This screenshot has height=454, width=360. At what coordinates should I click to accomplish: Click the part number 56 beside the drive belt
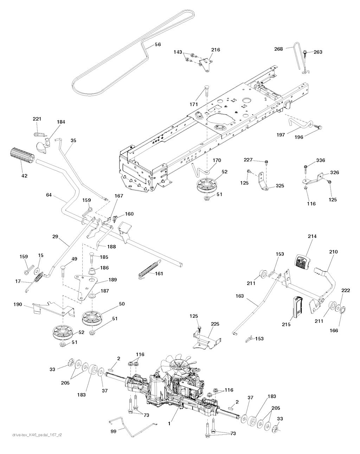[x=158, y=45]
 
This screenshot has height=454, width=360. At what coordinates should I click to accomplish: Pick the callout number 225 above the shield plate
[x=215, y=324]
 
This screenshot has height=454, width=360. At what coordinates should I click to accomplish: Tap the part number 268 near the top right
[x=278, y=49]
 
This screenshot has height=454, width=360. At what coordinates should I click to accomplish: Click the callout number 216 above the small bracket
[x=216, y=50]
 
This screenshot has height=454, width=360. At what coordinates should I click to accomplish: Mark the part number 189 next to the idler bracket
[x=113, y=279]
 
